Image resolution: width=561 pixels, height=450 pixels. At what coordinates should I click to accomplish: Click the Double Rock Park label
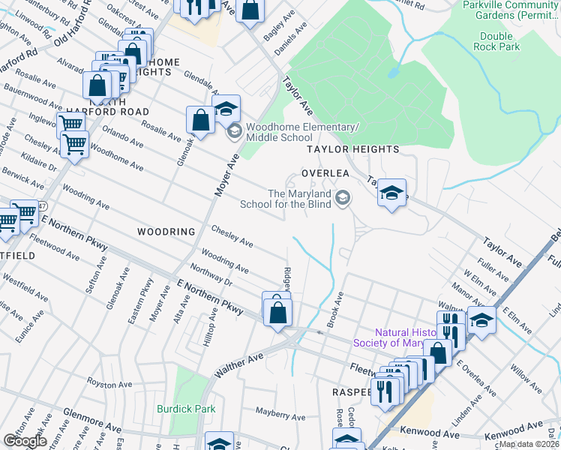point(496,41)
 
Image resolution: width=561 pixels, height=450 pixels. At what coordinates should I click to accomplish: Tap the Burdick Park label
point(186,409)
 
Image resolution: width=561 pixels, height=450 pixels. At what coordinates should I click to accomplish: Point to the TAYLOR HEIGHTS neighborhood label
point(352,149)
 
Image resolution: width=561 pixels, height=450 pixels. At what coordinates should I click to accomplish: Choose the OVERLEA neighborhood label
point(325,172)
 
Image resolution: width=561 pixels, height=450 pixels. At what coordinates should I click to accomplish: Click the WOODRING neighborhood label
point(166,232)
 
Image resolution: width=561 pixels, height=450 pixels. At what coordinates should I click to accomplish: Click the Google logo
point(25,441)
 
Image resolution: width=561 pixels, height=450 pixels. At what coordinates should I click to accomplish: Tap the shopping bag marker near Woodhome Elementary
point(201,120)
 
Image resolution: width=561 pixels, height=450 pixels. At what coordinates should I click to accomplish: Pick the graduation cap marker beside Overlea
point(391,193)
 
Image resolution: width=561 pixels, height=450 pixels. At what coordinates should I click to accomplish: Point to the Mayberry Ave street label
point(280,416)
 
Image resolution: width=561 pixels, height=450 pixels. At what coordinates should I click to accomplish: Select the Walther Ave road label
point(239,363)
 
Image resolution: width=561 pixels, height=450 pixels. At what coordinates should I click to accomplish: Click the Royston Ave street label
point(110,385)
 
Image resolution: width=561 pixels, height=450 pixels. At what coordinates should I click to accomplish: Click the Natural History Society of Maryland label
point(409,337)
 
